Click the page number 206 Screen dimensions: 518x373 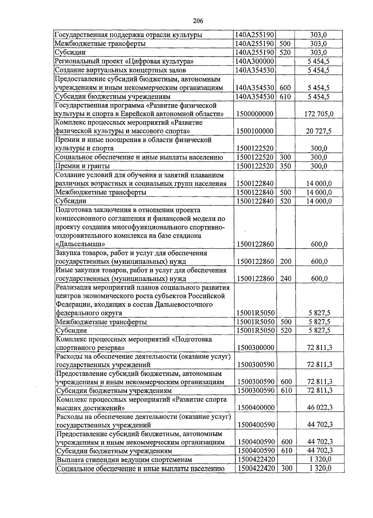198,21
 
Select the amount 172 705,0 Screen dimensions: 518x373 319,114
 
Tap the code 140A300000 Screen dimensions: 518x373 255,61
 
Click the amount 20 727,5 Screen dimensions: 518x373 319,131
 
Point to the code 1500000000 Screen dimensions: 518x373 255,114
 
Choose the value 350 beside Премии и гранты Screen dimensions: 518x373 285,166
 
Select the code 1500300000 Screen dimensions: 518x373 256,348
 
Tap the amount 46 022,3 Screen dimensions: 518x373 320,408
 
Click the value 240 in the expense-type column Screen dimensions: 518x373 286,278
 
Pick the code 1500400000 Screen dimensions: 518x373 256,408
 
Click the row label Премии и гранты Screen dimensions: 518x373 83,166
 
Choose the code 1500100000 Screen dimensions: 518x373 255,131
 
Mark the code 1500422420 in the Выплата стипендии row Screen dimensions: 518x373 256,460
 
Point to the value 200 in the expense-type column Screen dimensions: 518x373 286,261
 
